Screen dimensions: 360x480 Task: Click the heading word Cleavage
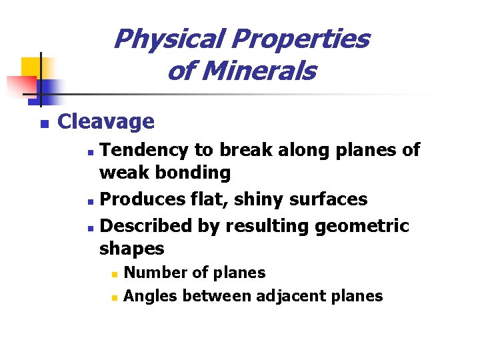(106, 122)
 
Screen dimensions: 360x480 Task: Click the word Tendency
(147, 149)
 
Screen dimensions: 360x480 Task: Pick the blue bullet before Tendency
(92, 151)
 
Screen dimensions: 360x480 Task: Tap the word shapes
(131, 249)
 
